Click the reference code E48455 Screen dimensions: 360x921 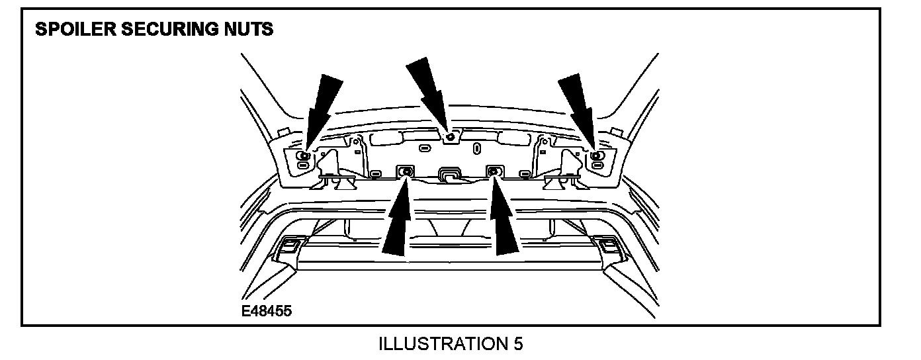pos(267,310)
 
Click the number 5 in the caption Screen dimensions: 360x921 pos(517,344)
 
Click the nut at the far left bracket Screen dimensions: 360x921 pos(303,156)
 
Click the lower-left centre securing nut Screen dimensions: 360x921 pos(406,172)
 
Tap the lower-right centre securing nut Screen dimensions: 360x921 pos(494,172)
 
